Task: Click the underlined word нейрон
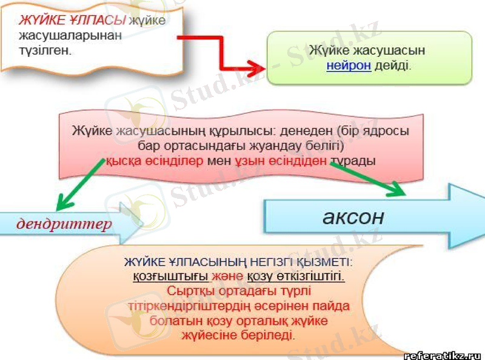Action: coord(348,65)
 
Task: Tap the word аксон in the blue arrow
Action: coord(353,216)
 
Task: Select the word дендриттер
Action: coord(65,224)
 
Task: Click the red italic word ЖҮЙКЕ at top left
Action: coord(40,19)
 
